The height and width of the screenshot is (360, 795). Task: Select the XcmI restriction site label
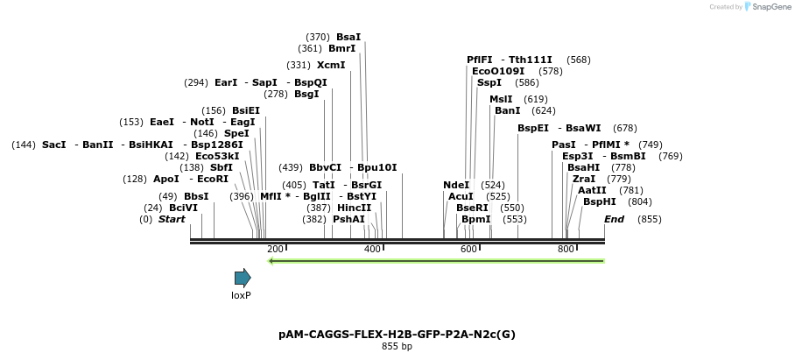(x=331, y=65)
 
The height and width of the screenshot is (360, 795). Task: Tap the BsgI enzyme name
(x=306, y=94)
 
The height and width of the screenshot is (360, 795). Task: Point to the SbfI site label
(x=222, y=167)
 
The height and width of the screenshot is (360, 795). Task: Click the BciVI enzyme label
(x=184, y=208)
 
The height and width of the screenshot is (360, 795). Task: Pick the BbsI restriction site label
(x=196, y=196)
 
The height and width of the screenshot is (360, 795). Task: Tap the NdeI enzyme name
(x=456, y=185)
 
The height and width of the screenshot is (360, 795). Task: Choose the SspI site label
(x=489, y=82)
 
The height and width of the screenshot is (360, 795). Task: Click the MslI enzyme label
(x=501, y=99)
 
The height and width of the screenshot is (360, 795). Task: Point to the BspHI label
(x=600, y=201)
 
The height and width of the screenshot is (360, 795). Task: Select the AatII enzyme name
(x=592, y=190)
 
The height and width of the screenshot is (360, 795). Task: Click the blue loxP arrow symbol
(x=243, y=278)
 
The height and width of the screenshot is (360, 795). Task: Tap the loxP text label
(x=241, y=295)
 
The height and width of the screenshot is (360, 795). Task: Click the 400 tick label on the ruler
(x=372, y=250)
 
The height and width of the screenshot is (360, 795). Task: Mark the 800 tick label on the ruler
(x=566, y=250)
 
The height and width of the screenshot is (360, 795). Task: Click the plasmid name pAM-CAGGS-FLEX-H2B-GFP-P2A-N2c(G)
(x=397, y=335)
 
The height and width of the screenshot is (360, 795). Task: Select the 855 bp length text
(x=397, y=347)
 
